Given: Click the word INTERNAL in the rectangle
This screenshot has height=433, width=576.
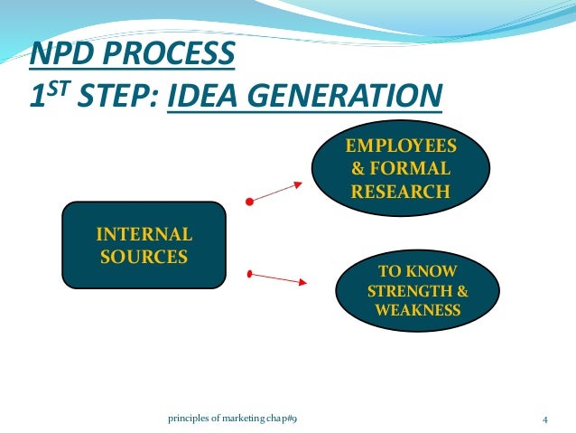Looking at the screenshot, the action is click(x=144, y=236).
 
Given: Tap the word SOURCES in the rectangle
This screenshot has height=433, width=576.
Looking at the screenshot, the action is click(x=144, y=256).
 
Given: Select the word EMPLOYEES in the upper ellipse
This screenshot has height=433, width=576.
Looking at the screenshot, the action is click(x=401, y=146).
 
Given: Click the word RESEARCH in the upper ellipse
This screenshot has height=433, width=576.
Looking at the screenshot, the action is click(x=401, y=191).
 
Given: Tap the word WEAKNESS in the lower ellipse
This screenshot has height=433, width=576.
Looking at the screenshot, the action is click(x=418, y=310).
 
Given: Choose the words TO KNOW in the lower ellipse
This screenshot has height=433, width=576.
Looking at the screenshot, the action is click(x=418, y=272).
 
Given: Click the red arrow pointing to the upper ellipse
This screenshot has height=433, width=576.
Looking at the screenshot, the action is click(x=275, y=193).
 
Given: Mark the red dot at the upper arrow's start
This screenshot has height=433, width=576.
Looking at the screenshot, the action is click(x=250, y=202).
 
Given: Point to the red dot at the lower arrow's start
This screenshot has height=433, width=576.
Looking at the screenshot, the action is click(x=250, y=272).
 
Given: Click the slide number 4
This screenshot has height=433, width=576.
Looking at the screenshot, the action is click(x=545, y=419).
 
